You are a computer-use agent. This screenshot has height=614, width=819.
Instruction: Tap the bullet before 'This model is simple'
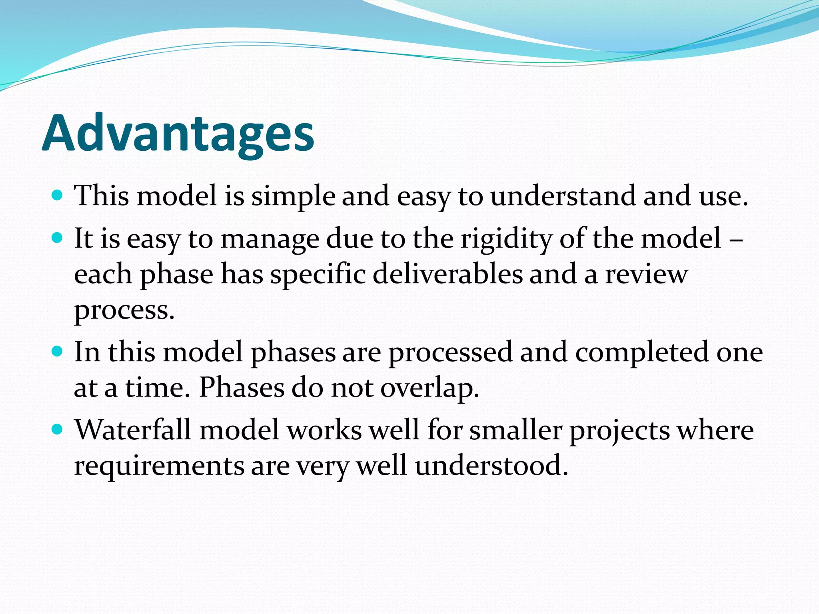point(58,195)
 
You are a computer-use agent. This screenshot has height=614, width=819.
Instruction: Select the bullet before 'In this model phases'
point(58,352)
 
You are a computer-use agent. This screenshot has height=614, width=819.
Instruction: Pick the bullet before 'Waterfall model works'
point(58,430)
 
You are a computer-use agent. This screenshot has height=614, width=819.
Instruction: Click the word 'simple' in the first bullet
point(293,197)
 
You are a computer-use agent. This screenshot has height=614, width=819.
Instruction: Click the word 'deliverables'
point(448,274)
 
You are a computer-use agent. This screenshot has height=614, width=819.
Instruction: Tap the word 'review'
point(646,274)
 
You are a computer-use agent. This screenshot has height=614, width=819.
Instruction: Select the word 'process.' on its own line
point(124,311)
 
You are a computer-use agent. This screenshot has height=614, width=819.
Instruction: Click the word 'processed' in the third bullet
point(451,353)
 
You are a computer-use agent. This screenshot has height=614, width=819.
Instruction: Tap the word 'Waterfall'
point(133,430)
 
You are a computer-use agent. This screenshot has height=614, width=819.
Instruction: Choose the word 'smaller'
point(516,430)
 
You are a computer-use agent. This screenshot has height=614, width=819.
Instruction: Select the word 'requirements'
point(159,467)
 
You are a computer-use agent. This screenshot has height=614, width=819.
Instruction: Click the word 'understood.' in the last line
point(491,466)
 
